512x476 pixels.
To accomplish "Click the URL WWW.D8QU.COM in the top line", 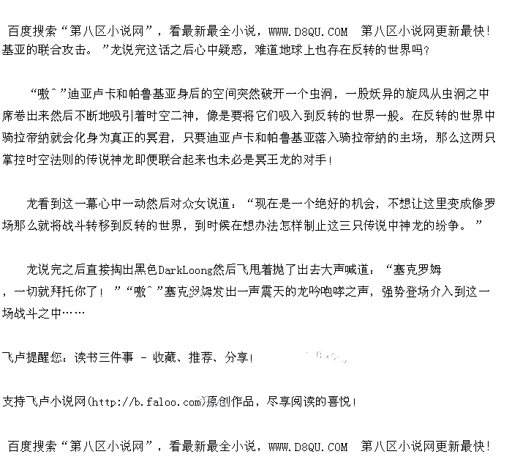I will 308,31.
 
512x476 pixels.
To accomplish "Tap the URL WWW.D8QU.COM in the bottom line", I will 308,446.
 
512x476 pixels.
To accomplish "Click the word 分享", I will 236,358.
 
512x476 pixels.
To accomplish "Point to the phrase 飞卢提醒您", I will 33,358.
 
